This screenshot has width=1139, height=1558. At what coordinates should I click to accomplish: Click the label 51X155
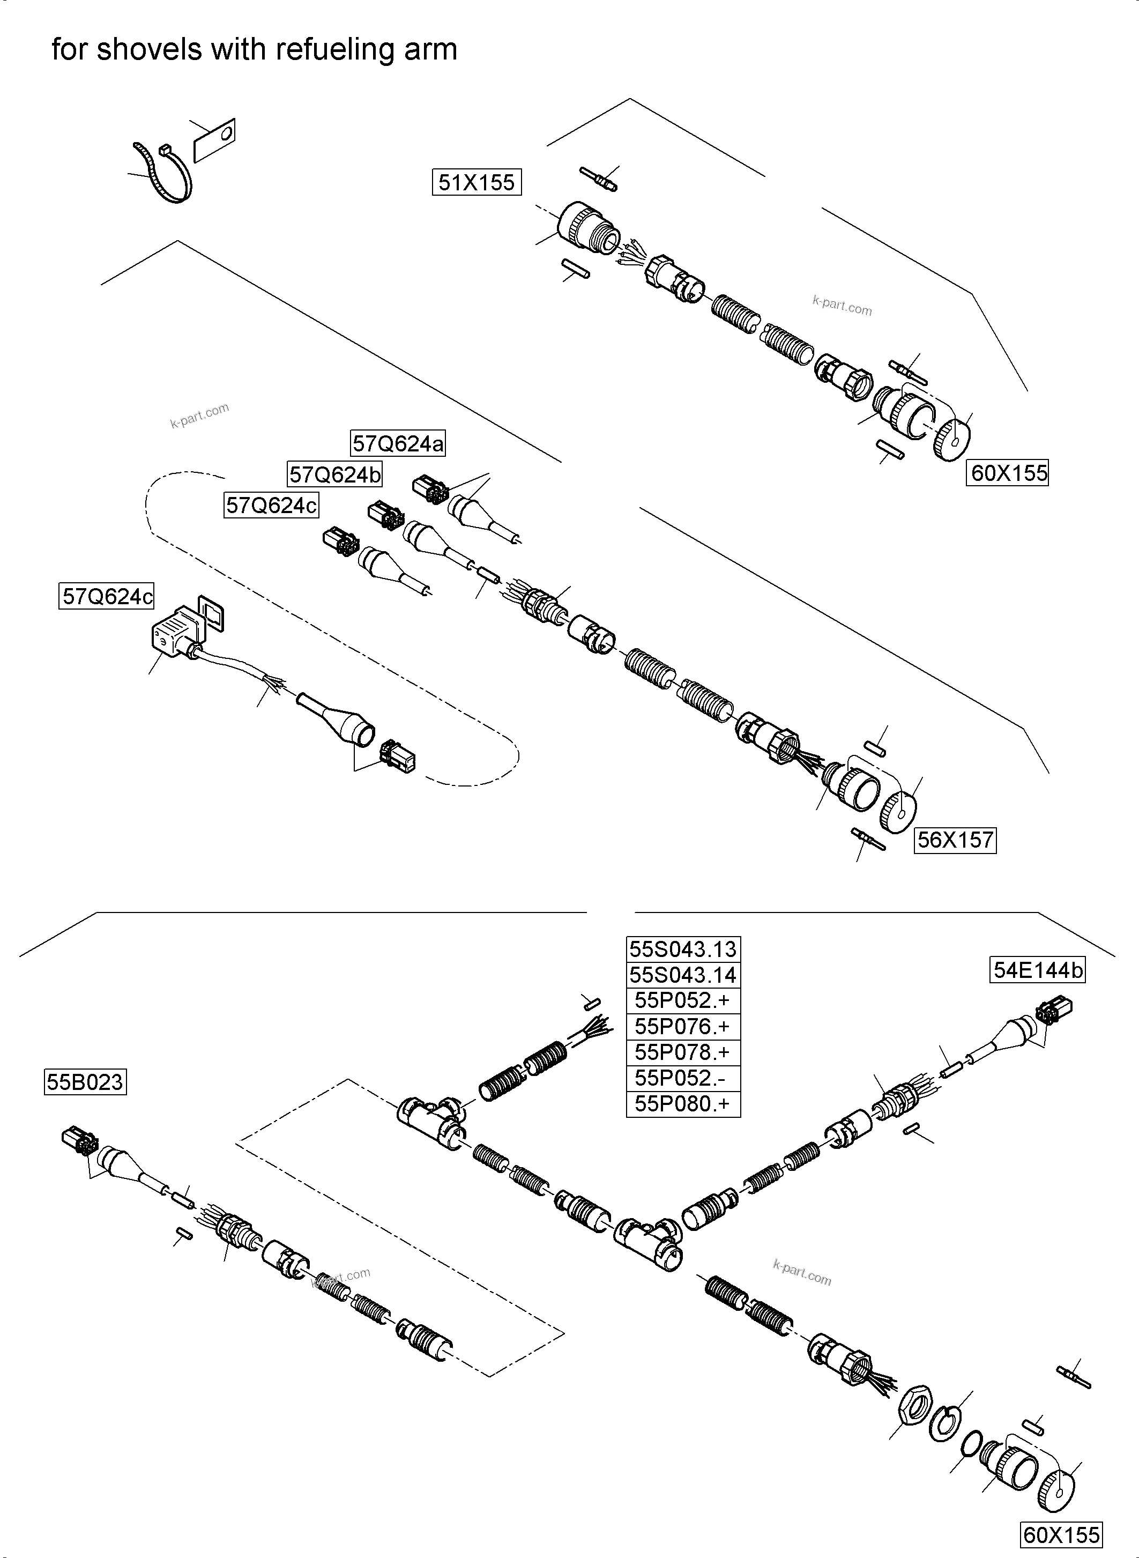(477, 182)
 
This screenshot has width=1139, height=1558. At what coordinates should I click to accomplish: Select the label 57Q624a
(398, 443)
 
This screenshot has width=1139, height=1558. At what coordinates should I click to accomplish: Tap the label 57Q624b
(334, 474)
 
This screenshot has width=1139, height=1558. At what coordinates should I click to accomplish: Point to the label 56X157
(955, 840)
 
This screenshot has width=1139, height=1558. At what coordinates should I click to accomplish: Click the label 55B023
(85, 1082)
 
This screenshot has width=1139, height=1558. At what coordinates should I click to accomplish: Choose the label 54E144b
(1038, 970)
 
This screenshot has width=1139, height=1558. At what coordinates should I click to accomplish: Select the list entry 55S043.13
(682, 949)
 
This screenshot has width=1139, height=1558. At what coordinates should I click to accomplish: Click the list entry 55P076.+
(682, 1027)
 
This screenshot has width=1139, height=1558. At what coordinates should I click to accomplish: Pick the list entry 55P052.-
(682, 1078)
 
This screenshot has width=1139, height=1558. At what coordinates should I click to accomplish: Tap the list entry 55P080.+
(682, 1104)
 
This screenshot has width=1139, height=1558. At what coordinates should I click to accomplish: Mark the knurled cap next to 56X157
(898, 812)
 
